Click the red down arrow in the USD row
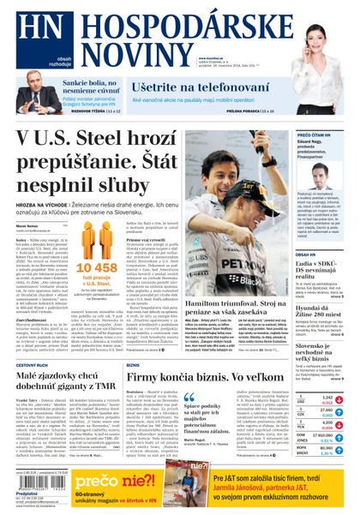(339, 399)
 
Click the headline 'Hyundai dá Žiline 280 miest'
(320, 309)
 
